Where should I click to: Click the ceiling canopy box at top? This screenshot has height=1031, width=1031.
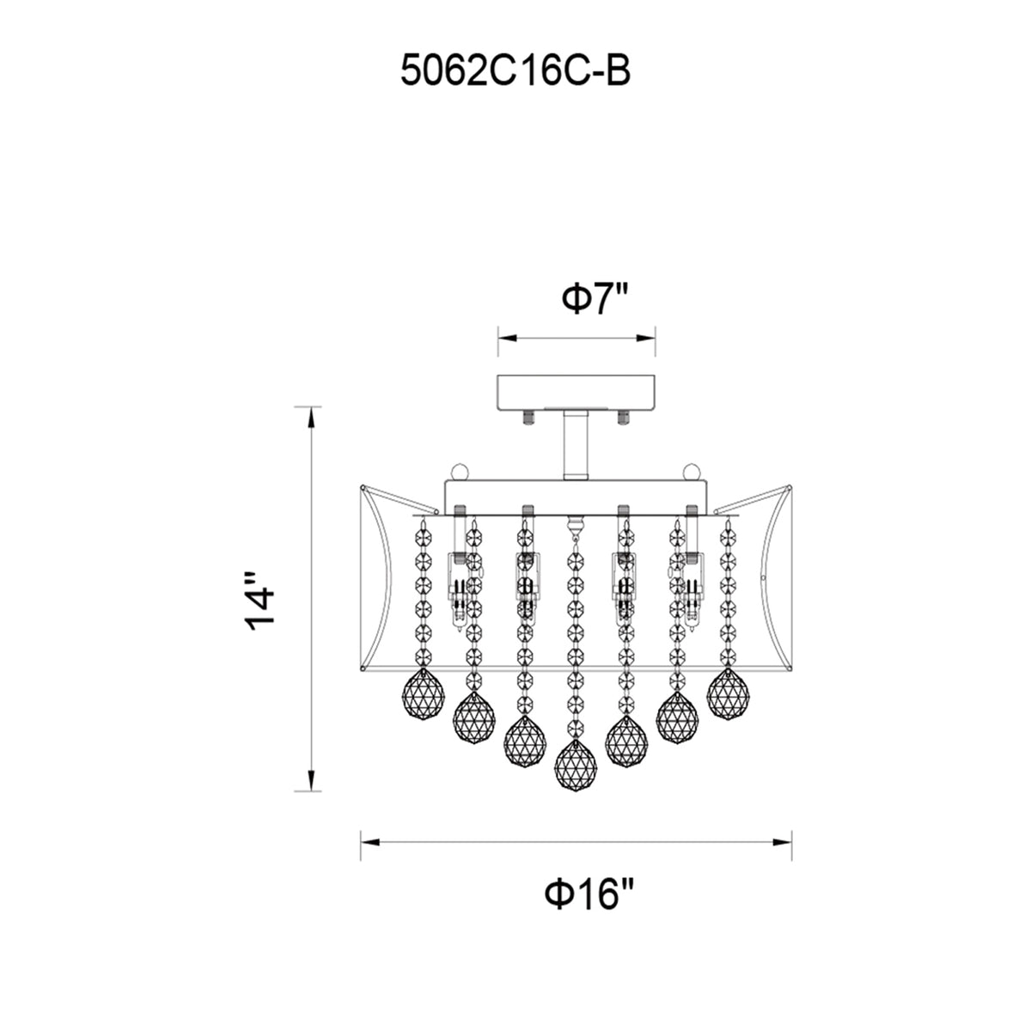pos(577,393)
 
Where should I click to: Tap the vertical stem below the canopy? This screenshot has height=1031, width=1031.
pos(576,445)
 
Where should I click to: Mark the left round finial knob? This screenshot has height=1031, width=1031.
pos(460,472)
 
